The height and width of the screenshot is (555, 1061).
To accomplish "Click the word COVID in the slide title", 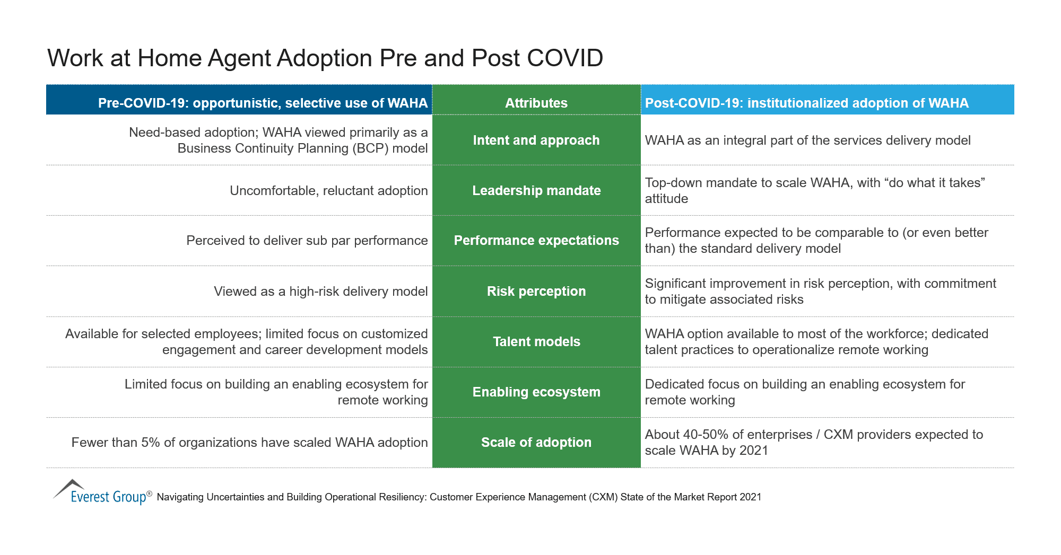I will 565,58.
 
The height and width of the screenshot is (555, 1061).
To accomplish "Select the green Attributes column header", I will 536,103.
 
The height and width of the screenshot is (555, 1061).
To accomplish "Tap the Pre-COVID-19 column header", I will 263,103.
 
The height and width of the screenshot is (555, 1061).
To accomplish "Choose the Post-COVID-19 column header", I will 806,103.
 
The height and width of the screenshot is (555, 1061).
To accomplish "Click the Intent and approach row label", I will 536,140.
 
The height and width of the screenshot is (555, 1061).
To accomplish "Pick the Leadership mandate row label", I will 536,191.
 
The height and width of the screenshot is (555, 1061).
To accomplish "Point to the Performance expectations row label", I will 536,241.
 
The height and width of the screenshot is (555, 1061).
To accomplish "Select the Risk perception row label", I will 536,292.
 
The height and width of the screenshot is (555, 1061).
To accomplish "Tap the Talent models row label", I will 536,342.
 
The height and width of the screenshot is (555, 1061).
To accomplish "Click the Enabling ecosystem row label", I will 536,392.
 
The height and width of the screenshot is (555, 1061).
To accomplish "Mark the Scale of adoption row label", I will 536,443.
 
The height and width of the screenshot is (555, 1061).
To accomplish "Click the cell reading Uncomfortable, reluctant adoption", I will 328,191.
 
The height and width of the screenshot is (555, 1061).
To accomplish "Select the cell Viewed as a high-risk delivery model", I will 320,292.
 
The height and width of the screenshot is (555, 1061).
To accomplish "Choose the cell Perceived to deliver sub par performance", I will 307,241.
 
